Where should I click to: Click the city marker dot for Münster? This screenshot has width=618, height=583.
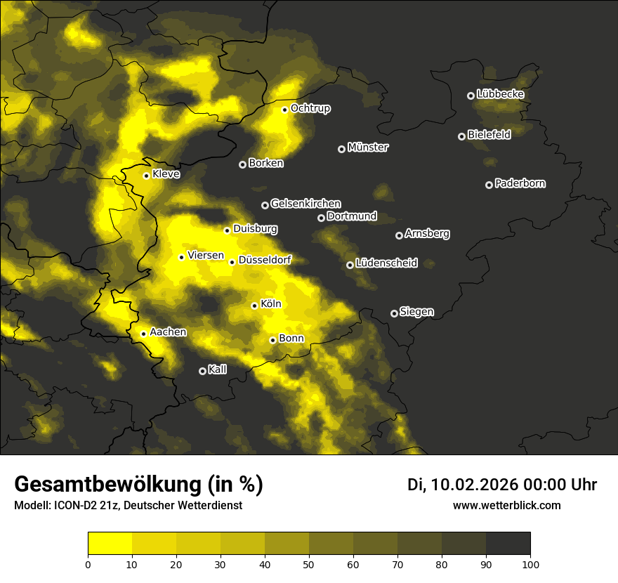coord(342,149)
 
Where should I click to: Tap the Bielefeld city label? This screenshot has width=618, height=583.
coord(489,135)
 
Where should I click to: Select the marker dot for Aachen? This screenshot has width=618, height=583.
coord(144,334)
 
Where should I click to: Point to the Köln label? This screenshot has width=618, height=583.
coord(270,304)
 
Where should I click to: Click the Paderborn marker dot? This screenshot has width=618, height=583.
coord(489,185)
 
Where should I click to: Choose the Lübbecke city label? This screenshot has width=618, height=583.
coord(500,94)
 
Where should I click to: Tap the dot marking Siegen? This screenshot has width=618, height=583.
coord(394,313)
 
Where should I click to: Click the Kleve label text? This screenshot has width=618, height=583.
coord(166,174)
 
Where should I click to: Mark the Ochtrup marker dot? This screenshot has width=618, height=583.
coord(285,110)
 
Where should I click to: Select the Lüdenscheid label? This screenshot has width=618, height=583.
coord(386,263)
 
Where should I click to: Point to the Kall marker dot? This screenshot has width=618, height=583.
coord(203,371)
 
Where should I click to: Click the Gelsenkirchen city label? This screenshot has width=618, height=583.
coord(305,204)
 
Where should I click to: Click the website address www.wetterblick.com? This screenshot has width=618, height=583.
coord(506,505)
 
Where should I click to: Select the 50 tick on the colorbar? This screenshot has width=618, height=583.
coord(309,563)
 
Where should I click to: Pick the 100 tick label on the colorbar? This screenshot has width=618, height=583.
coord(530,563)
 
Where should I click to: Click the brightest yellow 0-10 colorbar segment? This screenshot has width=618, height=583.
coord(110,543)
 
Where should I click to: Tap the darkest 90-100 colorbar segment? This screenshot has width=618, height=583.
coord(508,543)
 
